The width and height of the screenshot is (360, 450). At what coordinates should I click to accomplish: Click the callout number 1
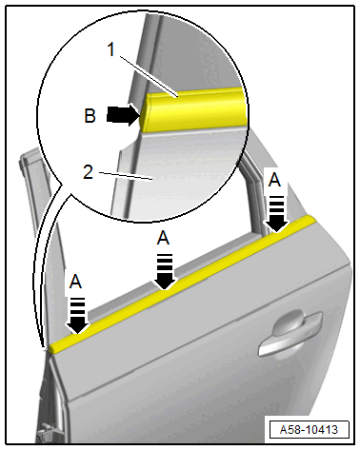point(111,49)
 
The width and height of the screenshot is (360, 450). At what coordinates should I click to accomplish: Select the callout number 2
point(89,172)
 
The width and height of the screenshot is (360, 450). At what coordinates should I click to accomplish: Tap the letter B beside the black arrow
point(90,115)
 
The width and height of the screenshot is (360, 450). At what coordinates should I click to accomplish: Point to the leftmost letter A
point(75,282)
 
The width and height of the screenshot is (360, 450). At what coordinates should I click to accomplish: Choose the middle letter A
point(163,238)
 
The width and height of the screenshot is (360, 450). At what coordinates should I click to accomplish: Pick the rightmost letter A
point(274,180)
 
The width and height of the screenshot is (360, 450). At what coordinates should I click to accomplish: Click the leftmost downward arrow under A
point(78,316)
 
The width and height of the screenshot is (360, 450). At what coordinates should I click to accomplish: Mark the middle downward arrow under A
point(165,272)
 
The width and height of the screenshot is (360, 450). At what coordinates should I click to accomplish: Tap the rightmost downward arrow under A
point(276,214)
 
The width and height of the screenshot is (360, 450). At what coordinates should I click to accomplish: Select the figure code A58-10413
point(309,430)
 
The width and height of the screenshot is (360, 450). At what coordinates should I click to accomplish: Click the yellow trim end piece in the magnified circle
point(193,109)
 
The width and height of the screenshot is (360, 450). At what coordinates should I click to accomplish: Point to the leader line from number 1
point(148,76)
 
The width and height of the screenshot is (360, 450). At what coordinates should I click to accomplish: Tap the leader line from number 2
point(126,176)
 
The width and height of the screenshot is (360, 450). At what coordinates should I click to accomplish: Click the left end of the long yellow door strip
point(51,347)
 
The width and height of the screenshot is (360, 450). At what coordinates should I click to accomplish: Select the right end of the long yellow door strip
point(311,220)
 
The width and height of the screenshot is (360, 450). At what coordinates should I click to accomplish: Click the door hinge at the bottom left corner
point(46,436)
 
